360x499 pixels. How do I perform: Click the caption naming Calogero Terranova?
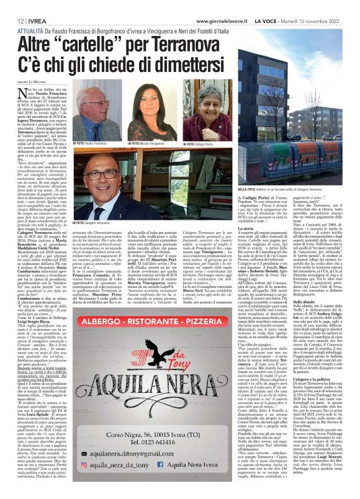click(x=96, y=222)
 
